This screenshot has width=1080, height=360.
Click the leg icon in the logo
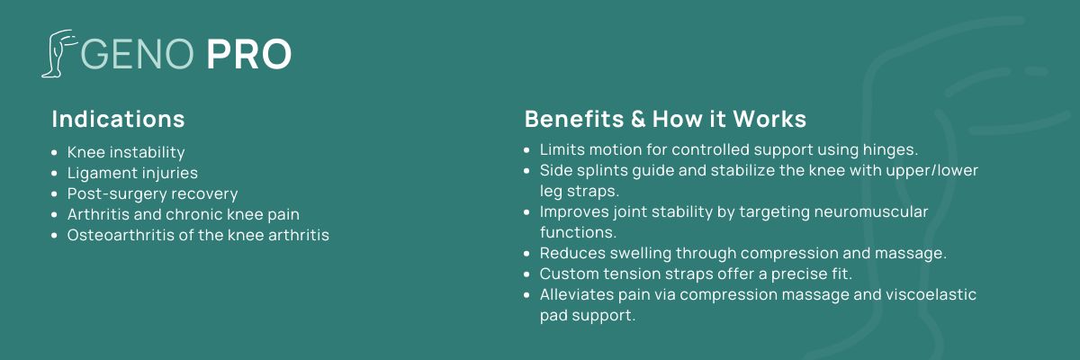(x=58, y=53)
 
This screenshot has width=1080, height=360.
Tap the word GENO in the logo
(x=138, y=54)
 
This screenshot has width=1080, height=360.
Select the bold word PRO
(x=248, y=54)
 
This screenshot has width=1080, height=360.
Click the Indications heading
(x=118, y=119)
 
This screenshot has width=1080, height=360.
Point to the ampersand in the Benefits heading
(x=638, y=119)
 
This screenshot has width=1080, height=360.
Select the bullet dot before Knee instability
(x=55, y=153)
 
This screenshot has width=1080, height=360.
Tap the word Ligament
(x=99, y=173)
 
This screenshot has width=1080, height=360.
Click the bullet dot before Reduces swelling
(x=527, y=254)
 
